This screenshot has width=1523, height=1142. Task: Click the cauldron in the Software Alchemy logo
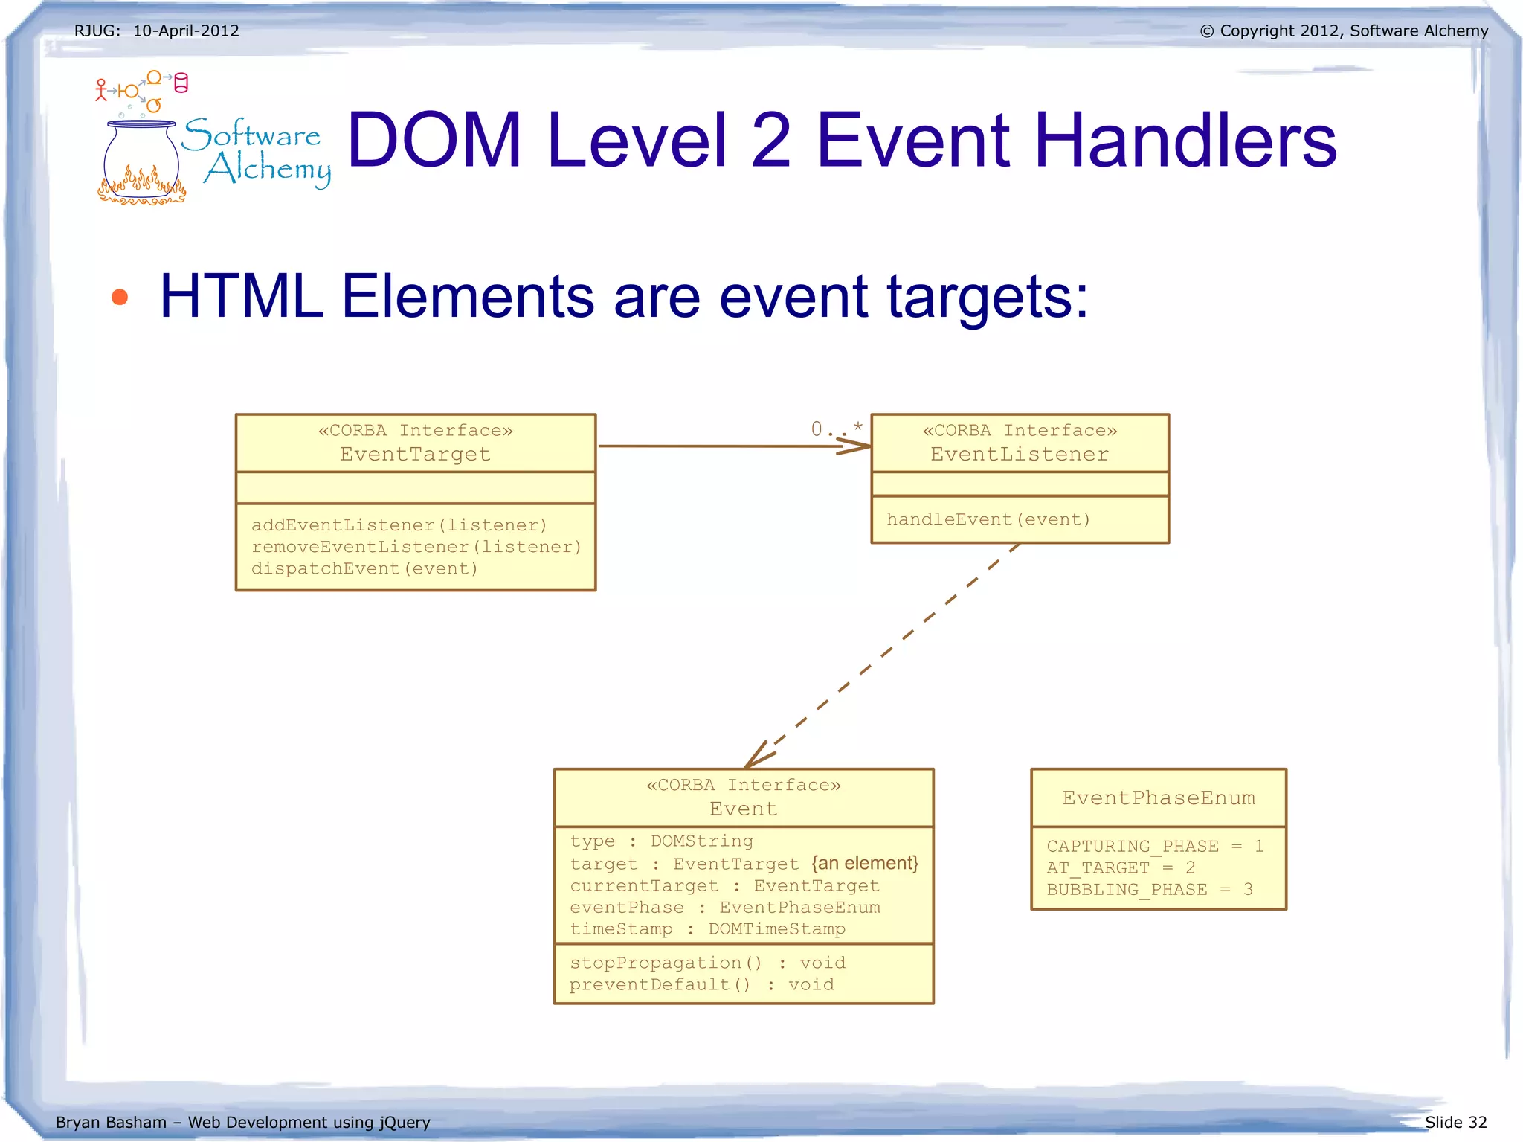(x=141, y=160)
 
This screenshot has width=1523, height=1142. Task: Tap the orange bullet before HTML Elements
(x=119, y=298)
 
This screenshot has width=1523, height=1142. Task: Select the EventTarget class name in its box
(x=415, y=454)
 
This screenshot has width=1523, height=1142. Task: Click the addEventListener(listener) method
(x=399, y=525)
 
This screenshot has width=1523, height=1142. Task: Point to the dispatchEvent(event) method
(x=364, y=568)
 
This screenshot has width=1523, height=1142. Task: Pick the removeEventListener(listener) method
(x=416, y=547)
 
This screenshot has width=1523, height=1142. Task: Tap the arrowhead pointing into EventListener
(x=855, y=446)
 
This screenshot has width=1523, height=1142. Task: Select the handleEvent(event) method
(x=988, y=519)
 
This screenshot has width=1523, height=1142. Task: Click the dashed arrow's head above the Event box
(x=757, y=756)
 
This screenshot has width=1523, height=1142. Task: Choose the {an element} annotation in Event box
(x=865, y=863)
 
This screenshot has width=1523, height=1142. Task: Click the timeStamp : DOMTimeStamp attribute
(x=707, y=928)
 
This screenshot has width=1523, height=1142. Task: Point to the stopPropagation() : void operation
(x=707, y=963)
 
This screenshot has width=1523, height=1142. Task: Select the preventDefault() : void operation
(x=701, y=984)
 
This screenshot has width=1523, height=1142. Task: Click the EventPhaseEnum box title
(x=1158, y=798)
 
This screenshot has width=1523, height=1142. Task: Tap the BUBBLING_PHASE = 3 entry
(x=1149, y=889)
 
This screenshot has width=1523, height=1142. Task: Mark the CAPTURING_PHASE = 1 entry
(x=1154, y=846)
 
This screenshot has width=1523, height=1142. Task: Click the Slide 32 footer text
(x=1455, y=1122)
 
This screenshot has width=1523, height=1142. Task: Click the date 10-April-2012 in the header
(x=186, y=31)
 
